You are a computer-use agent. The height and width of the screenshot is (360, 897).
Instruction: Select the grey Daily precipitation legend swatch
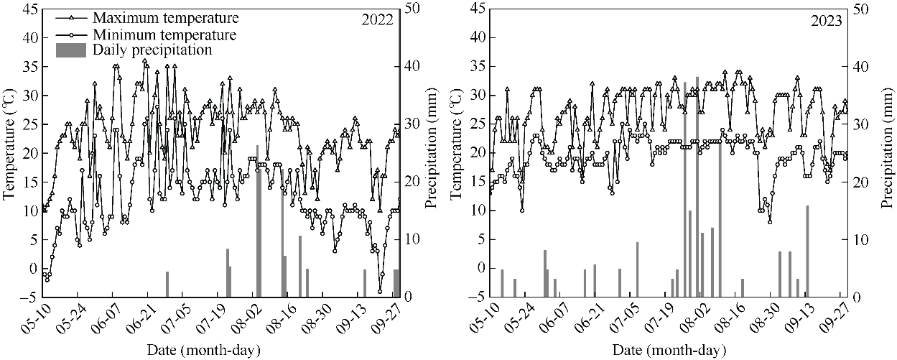click(x=70, y=50)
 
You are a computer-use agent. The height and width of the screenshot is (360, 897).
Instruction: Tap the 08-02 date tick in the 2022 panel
click(x=256, y=317)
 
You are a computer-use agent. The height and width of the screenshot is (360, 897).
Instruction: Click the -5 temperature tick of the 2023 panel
click(x=478, y=297)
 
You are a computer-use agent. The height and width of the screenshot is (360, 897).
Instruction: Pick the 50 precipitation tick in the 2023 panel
click(x=859, y=9)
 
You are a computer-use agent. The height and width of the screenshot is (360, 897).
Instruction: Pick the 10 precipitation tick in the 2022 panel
click(x=412, y=239)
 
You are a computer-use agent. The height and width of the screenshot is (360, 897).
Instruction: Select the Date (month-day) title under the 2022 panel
click(x=204, y=350)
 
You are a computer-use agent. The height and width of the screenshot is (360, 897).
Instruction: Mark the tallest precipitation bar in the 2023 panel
click(x=697, y=186)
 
